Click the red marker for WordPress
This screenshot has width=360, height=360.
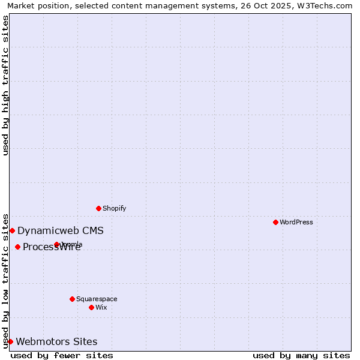point(275,222)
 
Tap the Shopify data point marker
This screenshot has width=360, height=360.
point(98,208)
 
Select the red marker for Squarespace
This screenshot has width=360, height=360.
point(72,299)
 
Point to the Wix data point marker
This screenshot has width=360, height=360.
point(91,307)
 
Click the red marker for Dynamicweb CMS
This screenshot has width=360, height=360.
point(12,230)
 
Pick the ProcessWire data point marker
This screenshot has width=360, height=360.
point(17,247)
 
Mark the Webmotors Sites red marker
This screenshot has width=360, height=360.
point(10,341)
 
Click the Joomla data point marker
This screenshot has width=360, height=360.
point(56,244)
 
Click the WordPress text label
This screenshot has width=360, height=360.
point(296,222)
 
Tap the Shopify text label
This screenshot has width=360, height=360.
point(114,208)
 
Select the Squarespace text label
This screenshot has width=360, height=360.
point(97,299)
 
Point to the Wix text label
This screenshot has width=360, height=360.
point(101,307)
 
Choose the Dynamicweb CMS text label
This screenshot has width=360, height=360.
point(61,230)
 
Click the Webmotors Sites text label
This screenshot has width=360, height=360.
point(56,341)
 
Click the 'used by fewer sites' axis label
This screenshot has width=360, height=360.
point(62,355)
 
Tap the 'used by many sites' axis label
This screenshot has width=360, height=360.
point(301,355)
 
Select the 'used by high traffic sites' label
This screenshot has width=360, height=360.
point(5,85)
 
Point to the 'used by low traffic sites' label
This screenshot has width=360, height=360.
point(5,281)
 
